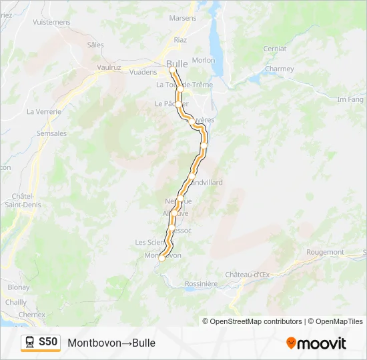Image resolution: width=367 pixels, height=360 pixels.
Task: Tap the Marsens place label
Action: pos(183,19)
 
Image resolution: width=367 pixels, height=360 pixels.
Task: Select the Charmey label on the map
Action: pos(279,69)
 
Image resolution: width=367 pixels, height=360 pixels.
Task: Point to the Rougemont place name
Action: pos(325,252)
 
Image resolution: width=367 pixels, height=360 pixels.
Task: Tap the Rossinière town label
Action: pos(202,283)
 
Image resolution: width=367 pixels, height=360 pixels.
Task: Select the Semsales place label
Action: pos(52,133)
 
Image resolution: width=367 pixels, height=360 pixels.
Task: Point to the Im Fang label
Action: pos(350,99)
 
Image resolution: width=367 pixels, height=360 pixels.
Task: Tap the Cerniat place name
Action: pos(275,49)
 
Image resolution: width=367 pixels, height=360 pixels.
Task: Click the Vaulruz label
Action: pos(108,67)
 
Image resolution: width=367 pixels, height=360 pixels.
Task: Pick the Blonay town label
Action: pos(19,287)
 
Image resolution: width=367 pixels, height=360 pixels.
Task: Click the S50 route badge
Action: pos(48,342)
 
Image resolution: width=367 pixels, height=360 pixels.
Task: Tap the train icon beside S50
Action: pos(30,343)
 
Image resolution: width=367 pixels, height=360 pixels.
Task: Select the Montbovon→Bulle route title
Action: pos(111,343)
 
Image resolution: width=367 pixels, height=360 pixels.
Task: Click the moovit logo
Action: pos(316,343)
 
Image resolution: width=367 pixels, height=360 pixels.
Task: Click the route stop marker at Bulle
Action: pos(172,69)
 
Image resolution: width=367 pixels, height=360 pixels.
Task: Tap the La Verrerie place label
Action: pos(44,111)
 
